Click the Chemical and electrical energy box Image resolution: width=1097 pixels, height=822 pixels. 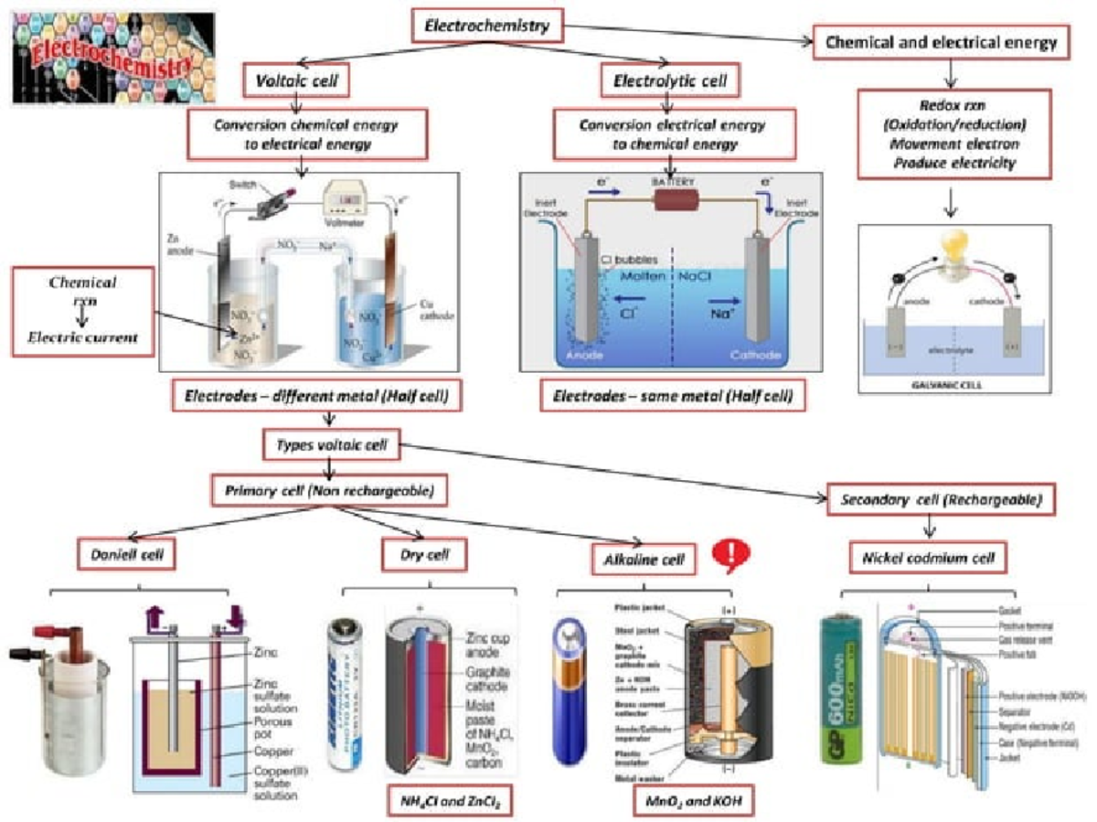click(x=941, y=42)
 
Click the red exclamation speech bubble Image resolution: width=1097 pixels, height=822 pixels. click(x=733, y=553)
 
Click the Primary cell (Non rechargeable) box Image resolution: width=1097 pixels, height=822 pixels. click(x=335, y=490)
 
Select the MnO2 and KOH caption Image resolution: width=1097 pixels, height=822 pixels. click(x=687, y=801)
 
